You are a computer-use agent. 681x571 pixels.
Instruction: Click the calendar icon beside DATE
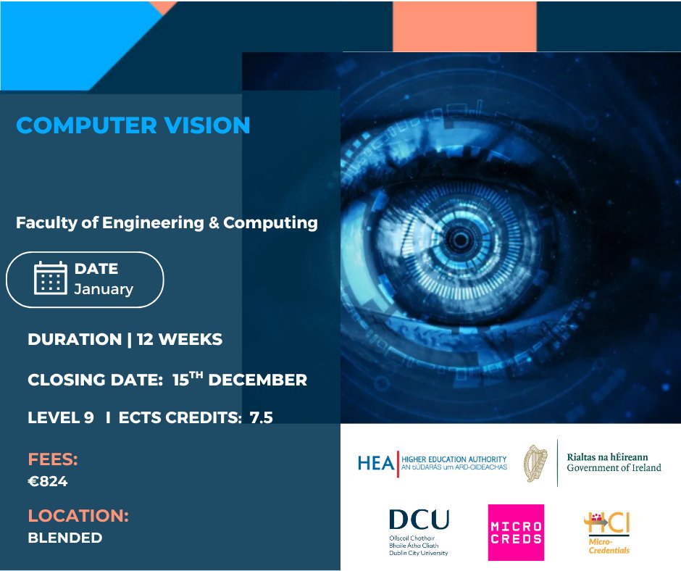[x=51, y=278]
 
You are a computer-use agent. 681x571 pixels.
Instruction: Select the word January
[x=104, y=289]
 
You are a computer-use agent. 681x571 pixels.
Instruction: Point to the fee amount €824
[x=48, y=481]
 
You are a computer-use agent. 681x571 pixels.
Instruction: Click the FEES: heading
[x=53, y=459]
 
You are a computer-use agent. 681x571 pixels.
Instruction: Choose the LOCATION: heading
[x=78, y=516]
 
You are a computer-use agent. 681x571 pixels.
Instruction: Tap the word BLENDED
[x=65, y=538]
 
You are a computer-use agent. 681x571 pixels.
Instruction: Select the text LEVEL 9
[x=61, y=417]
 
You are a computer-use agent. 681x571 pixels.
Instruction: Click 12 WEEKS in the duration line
[x=179, y=339]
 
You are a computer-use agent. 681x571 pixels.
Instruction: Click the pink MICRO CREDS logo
[x=516, y=532]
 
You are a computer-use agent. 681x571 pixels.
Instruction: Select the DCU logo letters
[x=419, y=520]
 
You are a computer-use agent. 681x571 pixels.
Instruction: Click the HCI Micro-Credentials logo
[x=607, y=532]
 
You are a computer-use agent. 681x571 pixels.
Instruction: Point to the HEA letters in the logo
[x=375, y=462]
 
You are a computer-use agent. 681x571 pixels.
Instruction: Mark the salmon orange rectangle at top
[x=464, y=26]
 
